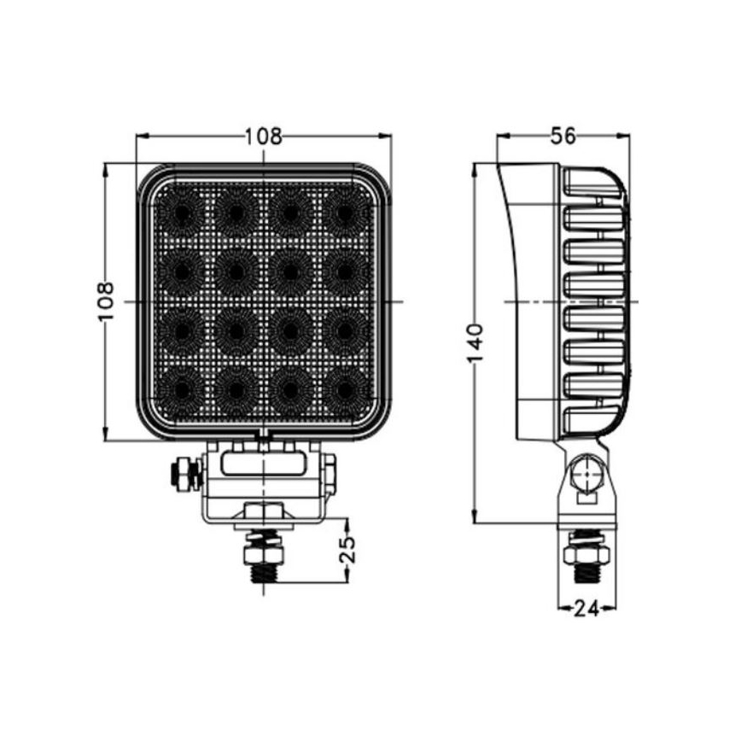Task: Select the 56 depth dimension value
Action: pyautogui.click(x=563, y=135)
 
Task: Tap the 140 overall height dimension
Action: pyautogui.click(x=476, y=342)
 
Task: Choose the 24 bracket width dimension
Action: pyautogui.click(x=586, y=608)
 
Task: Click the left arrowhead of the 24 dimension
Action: pyautogui.click(x=561, y=608)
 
